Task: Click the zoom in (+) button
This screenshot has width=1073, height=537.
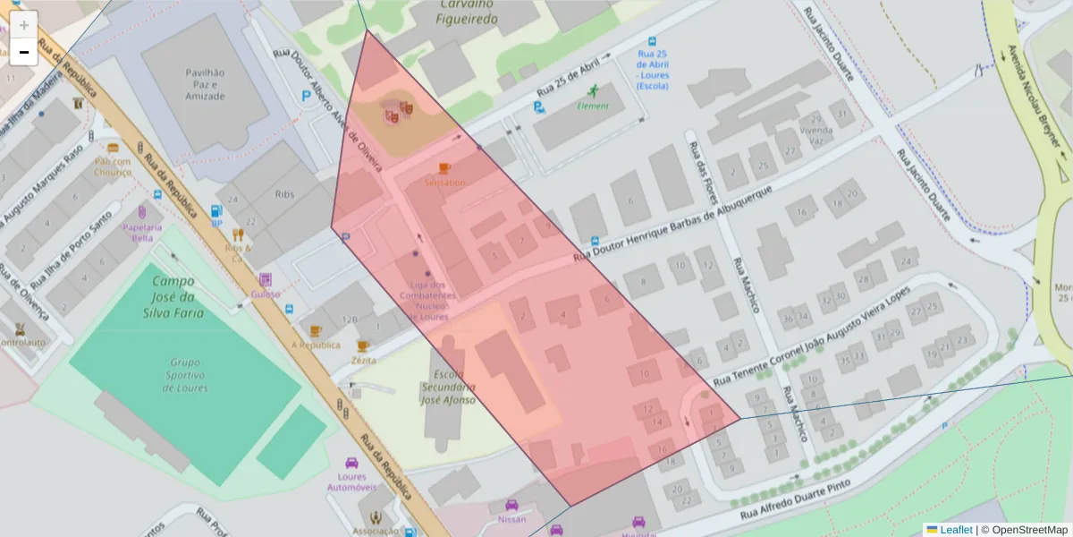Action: pyautogui.click(x=23, y=25)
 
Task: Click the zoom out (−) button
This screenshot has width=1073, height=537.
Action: pyautogui.click(x=23, y=53)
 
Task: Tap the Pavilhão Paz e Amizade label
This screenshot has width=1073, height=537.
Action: pyautogui.click(x=205, y=83)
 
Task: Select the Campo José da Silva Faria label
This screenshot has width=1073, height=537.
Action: pyautogui.click(x=173, y=297)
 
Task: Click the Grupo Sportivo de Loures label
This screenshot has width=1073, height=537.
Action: pyautogui.click(x=185, y=375)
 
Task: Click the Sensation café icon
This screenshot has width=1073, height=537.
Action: pyautogui.click(x=444, y=167)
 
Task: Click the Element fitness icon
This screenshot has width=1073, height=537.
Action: pyautogui.click(x=592, y=91)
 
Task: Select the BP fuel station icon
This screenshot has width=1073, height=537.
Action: pyautogui.click(x=215, y=212)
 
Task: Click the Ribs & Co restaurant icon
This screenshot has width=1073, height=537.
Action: pyautogui.click(x=238, y=235)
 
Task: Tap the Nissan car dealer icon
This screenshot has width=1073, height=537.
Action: pyautogui.click(x=511, y=505)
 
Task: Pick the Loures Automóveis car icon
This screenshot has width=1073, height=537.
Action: pyautogui.click(x=351, y=463)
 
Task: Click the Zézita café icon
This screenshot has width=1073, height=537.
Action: pyautogui.click(x=362, y=345)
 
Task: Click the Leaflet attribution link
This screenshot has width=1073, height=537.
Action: pyautogui.click(x=956, y=530)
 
